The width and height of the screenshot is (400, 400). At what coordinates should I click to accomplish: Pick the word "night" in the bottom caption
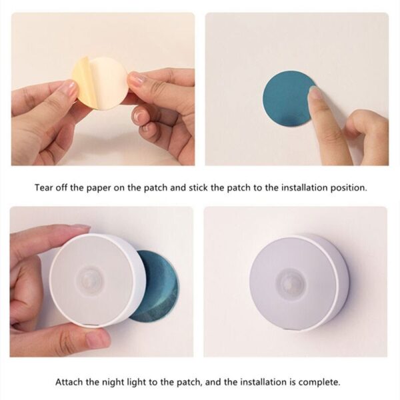coord(130,382)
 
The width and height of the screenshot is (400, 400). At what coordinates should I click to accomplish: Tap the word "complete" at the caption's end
coord(319,382)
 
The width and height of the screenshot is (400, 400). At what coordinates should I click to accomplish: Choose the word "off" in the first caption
coord(67,187)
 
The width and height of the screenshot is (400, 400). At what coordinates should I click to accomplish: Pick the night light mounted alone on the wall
coord(297,281)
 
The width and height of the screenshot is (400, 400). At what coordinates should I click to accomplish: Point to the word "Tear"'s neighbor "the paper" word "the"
coord(87,187)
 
